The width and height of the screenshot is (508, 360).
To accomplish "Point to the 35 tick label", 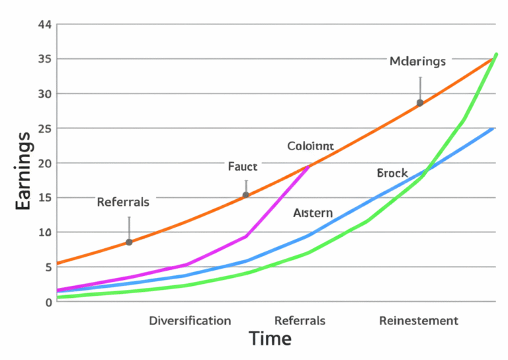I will click(x=45, y=59).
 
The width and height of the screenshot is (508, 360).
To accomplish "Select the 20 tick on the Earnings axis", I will click(x=45, y=163).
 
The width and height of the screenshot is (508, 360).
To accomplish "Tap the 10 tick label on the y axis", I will click(x=45, y=232).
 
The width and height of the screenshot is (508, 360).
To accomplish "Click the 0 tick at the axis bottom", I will click(x=48, y=302).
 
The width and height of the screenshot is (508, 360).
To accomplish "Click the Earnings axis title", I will click(x=24, y=171).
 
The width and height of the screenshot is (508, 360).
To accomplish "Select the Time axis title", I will click(x=270, y=339).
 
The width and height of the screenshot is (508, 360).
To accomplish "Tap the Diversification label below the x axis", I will click(x=190, y=321).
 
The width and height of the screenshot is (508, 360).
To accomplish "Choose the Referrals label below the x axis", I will click(x=300, y=321).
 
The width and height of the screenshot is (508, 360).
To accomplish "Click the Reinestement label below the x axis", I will click(x=418, y=321).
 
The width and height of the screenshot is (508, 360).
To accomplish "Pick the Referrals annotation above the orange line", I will click(x=123, y=202).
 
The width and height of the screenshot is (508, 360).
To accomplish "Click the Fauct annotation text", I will click(x=243, y=167).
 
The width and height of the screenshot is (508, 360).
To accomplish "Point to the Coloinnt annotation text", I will click(x=310, y=146).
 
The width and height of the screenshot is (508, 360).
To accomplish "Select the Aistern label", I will click(x=313, y=213).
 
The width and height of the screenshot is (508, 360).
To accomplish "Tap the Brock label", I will click(x=392, y=173).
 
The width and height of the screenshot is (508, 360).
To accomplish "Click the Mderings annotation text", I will click(x=417, y=62).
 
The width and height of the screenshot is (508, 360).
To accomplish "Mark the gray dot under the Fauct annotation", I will click(x=246, y=195).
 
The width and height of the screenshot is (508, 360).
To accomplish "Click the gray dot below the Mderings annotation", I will click(x=420, y=103).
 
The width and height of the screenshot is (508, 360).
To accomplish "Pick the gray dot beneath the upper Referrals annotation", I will click(x=129, y=242).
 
